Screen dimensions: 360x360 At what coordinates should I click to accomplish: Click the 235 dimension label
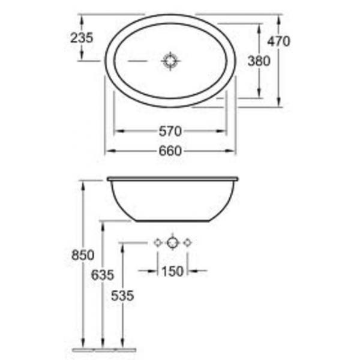tap(82, 38)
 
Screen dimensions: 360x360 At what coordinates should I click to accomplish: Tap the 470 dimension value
tap(278, 41)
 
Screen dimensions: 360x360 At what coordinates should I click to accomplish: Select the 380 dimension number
tap(259, 61)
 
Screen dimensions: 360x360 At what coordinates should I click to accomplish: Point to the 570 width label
tap(170, 131)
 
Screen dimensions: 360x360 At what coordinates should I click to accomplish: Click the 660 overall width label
tap(170, 151)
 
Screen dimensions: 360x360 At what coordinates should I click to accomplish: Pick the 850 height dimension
tap(83, 255)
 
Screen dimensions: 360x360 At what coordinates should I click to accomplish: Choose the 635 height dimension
tap(103, 275)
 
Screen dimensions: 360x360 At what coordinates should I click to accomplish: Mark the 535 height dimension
tap(122, 295)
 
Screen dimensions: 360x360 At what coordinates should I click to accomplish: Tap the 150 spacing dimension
tap(173, 271)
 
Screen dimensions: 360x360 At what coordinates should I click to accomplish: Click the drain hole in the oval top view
tap(170, 61)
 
